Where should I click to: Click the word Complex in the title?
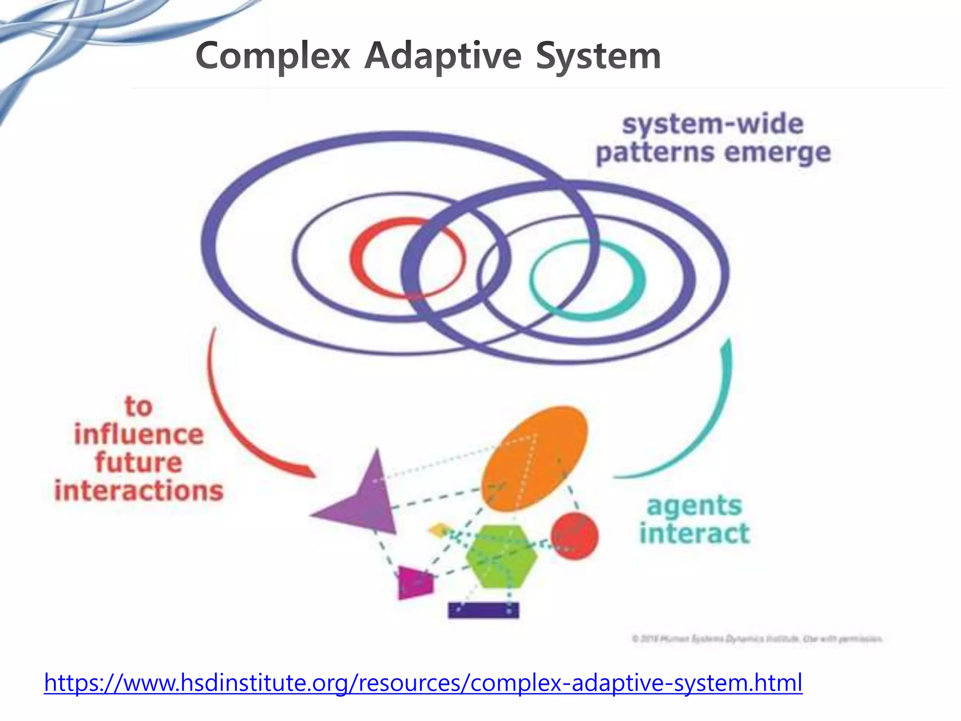(x=273, y=56)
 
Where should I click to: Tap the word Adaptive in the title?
(x=442, y=56)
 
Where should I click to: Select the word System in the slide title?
(x=598, y=56)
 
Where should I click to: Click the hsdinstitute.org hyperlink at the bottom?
(x=423, y=683)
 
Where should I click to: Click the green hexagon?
(x=502, y=556)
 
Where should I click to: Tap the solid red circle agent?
(x=574, y=536)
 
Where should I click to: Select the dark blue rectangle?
(x=483, y=610)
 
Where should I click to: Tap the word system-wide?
(x=712, y=124)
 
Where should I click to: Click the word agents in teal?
(x=694, y=506)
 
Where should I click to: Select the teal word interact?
(x=694, y=534)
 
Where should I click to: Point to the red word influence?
(x=139, y=434)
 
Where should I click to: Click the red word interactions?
(x=139, y=491)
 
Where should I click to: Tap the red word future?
(x=139, y=462)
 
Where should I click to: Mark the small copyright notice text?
(x=757, y=639)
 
